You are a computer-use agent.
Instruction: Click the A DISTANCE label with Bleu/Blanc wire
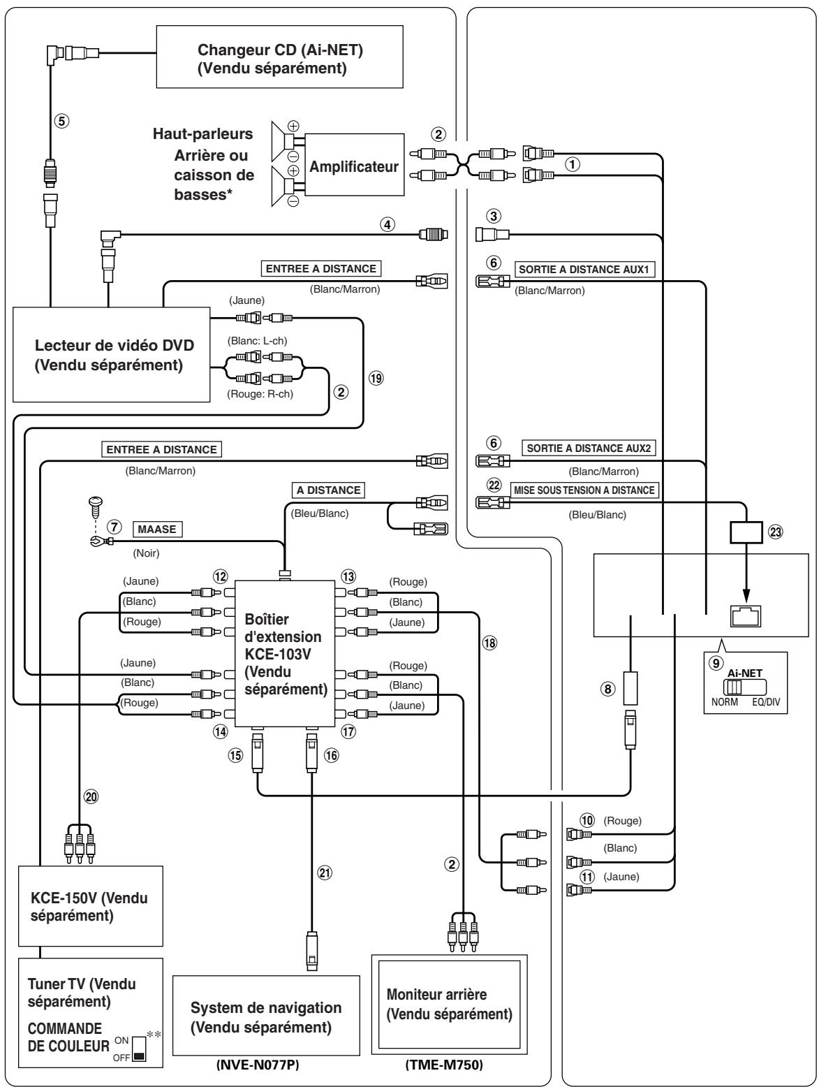point(327,490)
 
